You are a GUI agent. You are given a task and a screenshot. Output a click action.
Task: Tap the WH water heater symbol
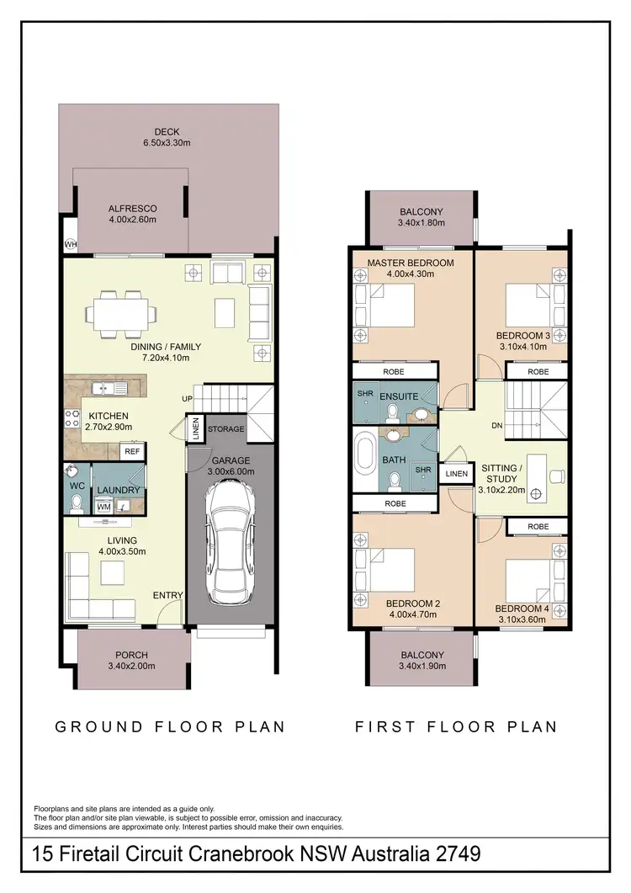[x=69, y=245]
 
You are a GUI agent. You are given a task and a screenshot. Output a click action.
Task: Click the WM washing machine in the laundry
[x=104, y=506]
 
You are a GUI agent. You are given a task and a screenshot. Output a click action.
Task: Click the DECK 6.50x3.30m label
[x=167, y=138]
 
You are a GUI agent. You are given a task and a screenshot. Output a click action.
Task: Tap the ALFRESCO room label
[x=132, y=214]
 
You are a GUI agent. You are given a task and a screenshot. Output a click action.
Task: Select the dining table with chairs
[x=120, y=314]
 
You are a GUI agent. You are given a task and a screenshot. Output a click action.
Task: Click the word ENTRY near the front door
[x=167, y=596]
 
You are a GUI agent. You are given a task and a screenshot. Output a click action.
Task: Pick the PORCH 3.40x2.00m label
[x=131, y=661]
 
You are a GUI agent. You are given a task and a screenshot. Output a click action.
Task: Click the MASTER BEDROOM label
[x=411, y=268]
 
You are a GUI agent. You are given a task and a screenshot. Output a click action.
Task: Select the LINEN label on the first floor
[x=456, y=474]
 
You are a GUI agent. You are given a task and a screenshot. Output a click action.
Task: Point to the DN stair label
[x=496, y=426]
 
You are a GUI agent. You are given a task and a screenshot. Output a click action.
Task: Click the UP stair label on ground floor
[x=188, y=398]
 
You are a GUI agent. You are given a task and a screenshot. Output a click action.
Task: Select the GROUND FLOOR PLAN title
[x=170, y=726]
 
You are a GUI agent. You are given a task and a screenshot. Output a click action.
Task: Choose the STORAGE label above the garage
[x=226, y=429]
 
